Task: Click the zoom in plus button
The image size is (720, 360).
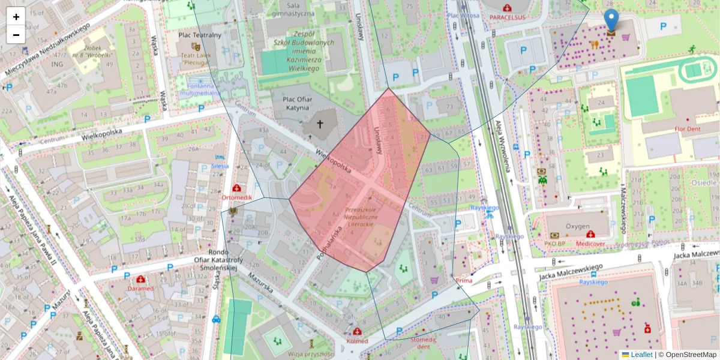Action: coord(16,17)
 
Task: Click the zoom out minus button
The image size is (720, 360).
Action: coord(16,35)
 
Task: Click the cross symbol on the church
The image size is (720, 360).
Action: coord(320,125)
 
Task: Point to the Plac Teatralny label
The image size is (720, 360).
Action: coord(200,35)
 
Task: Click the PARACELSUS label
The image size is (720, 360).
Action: coord(508,17)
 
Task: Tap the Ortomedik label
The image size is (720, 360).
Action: coord(238,197)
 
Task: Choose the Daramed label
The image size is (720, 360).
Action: coord(140,289)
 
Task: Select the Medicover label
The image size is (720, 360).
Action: coord(590,244)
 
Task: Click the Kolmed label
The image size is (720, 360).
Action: coord(358,341)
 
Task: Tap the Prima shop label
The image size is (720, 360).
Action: coord(464,280)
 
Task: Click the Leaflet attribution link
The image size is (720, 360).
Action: coord(641,355)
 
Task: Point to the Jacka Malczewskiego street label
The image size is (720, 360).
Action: coord(570,271)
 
